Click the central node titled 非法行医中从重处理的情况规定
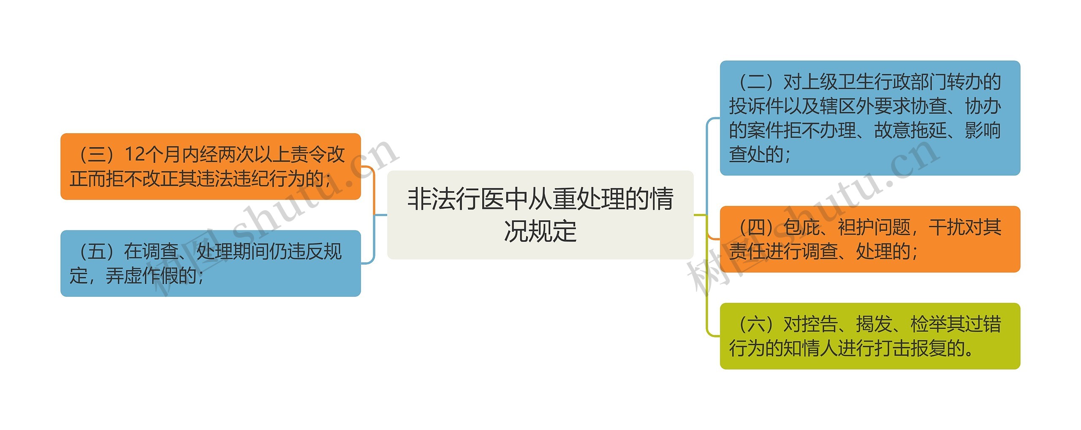click(x=540, y=215)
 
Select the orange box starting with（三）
click(x=210, y=167)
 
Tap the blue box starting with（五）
click(x=210, y=263)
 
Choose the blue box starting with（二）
click(x=869, y=118)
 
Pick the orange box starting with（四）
click(x=869, y=239)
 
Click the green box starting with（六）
click(x=869, y=336)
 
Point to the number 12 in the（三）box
click(x=135, y=154)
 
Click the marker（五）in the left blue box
click(x=97, y=252)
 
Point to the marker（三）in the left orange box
click(x=97, y=154)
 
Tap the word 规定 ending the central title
click(x=558, y=231)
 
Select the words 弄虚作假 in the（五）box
click(x=142, y=276)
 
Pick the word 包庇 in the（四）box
click(x=801, y=227)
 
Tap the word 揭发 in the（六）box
click(x=874, y=324)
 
